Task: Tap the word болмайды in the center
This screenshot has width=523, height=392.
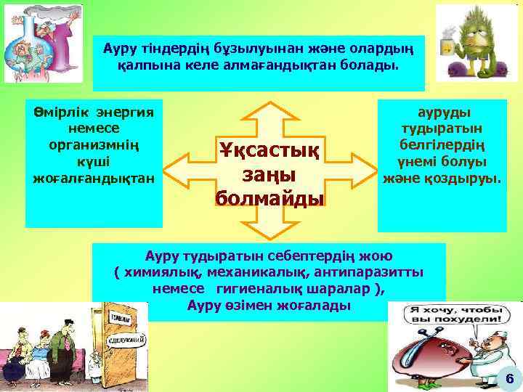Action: click(x=269, y=197)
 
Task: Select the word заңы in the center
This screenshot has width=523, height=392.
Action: click(x=269, y=175)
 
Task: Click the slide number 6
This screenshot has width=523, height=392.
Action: click(x=509, y=378)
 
